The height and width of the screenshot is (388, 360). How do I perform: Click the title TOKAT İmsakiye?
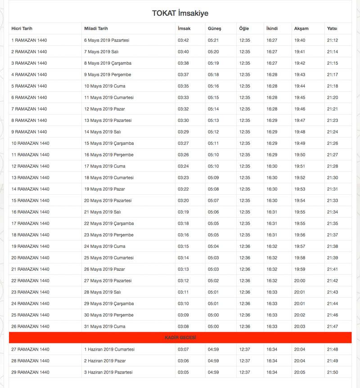coord(180,13)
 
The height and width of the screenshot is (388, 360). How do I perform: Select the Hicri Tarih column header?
coord(22,29)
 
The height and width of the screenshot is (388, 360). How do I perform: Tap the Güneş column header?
coord(214,29)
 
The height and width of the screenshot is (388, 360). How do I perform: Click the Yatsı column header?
coord(332,29)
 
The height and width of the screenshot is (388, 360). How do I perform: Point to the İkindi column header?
coord(272,29)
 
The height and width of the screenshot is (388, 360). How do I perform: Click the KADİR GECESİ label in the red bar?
coord(180,338)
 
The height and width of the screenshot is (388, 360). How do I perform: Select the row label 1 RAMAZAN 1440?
coord(29,40)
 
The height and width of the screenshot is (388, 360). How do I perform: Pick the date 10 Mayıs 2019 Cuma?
coord(105,86)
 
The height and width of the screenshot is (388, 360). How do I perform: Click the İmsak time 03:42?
coord(183,40)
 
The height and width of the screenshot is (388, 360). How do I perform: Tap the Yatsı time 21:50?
coord(333,372)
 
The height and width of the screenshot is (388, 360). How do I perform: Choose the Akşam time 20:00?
coord(299,281)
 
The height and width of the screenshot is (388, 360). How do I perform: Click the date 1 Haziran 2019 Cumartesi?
coord(109,349)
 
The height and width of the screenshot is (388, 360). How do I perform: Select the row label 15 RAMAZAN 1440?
coord(30,201)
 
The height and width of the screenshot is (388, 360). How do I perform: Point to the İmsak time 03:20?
coord(183,201)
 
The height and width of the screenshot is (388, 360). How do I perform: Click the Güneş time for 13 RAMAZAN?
coord(213,178)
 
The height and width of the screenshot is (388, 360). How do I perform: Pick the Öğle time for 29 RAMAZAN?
coord(245,372)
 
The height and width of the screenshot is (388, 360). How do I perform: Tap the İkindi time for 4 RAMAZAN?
coord(272,75)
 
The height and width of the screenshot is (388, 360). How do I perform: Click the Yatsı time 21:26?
coord(333,143)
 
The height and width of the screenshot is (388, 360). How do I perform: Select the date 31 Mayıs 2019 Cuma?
coord(105,326)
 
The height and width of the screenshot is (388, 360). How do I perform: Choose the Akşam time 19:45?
coord(300,98)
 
